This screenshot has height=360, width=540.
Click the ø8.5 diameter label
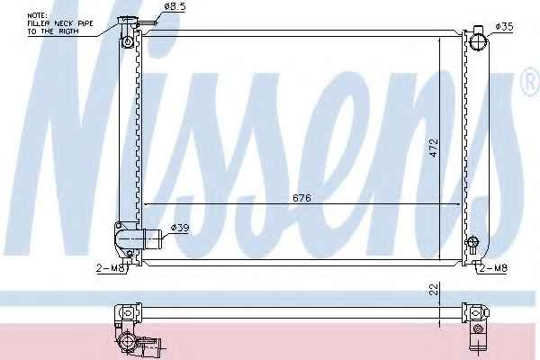175,6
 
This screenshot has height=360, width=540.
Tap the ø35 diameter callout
504,26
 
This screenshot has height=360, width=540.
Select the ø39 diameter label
180,228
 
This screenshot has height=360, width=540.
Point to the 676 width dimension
301,198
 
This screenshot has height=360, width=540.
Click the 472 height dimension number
434,148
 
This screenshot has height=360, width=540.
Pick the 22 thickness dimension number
435,289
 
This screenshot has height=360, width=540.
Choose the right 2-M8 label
493,267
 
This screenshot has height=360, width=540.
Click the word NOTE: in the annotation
38,15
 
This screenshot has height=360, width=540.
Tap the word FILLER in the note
39,23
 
